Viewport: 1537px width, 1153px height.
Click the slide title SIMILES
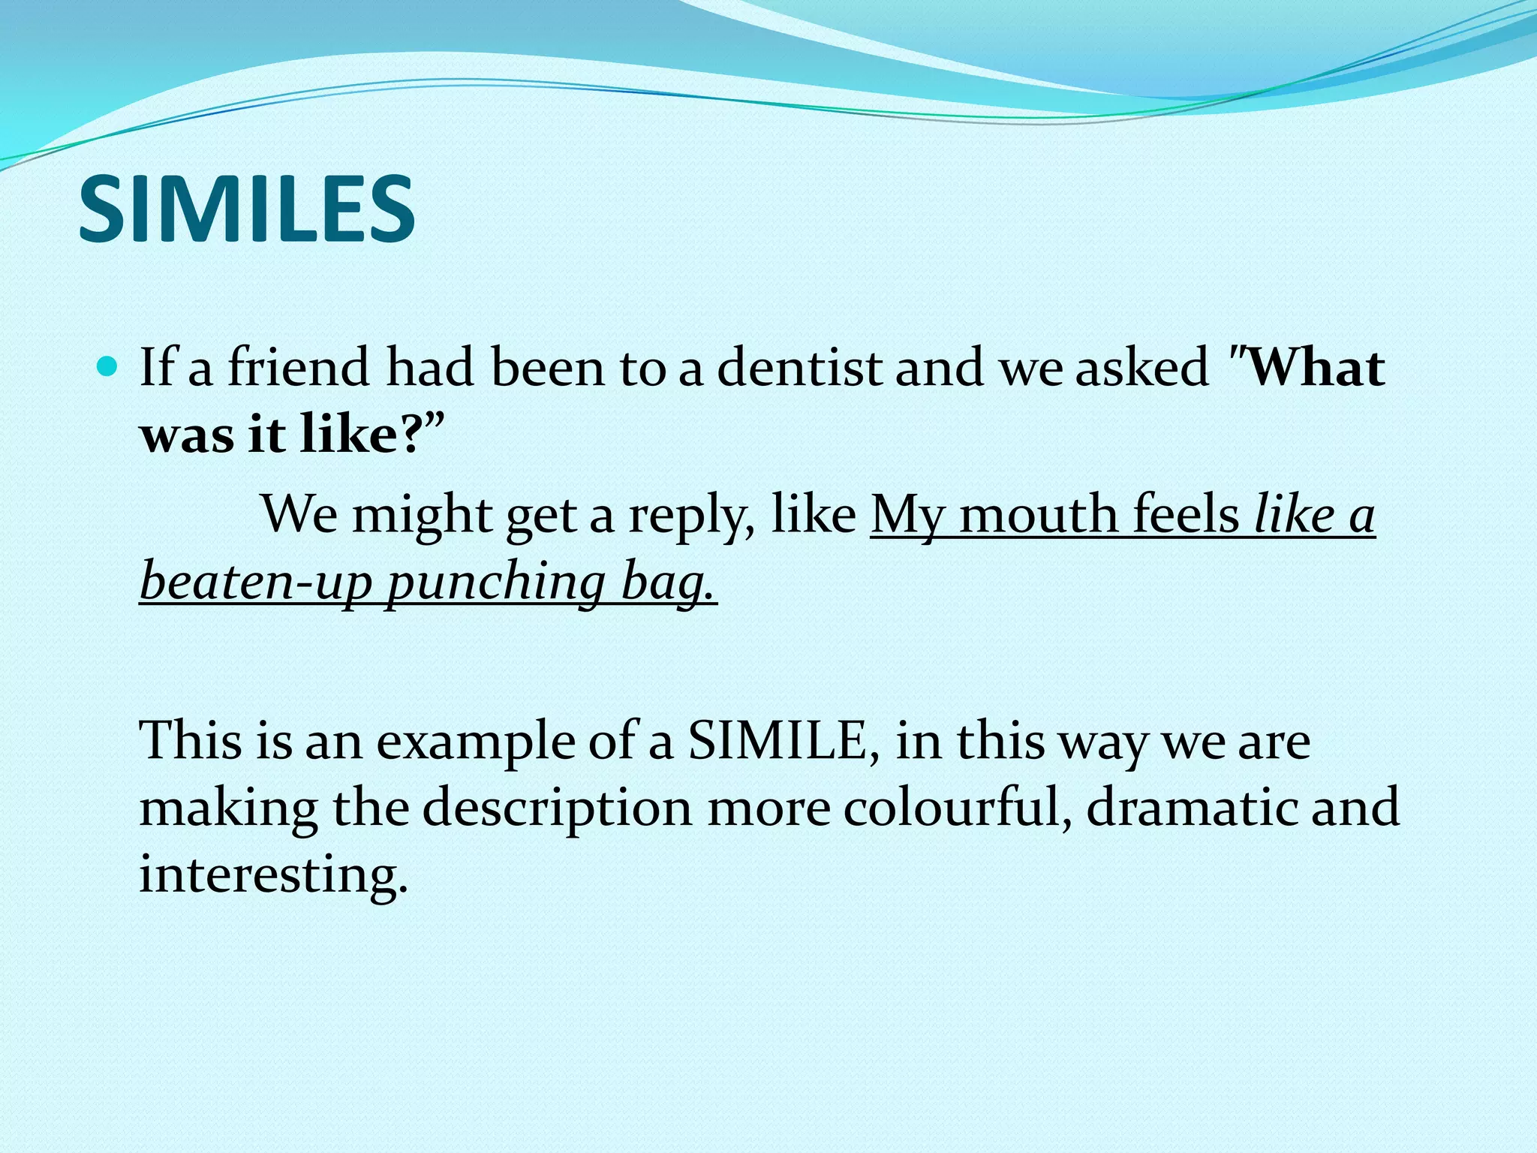click(x=246, y=209)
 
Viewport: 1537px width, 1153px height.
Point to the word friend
click(x=298, y=368)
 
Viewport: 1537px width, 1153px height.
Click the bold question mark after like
click(x=412, y=434)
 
